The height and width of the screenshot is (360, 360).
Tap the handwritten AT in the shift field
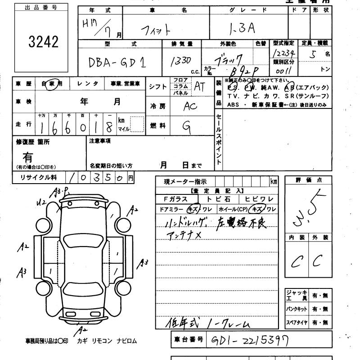point(199,87)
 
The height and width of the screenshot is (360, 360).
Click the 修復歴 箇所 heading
point(33,142)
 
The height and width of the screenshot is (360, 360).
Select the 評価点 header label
point(308,180)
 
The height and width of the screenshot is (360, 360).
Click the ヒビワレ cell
point(258,199)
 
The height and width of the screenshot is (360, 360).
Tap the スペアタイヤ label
point(297,323)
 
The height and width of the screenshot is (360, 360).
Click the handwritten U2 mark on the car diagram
point(42,203)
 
